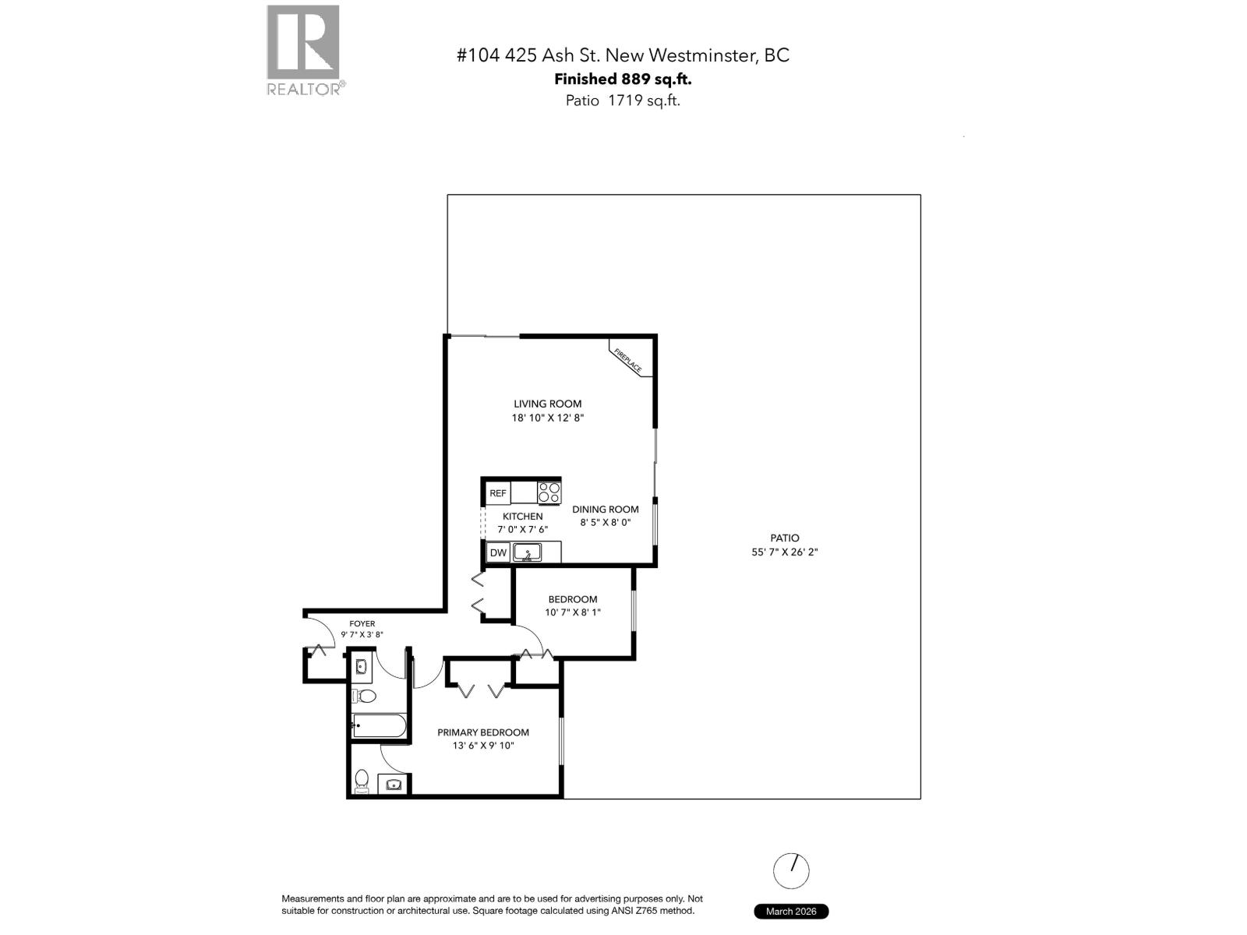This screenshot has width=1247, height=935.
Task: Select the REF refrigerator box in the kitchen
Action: (x=497, y=493)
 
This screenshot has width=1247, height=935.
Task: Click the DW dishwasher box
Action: (x=498, y=552)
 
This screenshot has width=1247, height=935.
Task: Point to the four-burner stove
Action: (x=549, y=492)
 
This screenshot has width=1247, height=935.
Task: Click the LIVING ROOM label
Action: (x=547, y=404)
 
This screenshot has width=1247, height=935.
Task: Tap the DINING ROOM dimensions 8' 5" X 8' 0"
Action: (x=605, y=523)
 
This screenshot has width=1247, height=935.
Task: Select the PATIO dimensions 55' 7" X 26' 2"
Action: (x=784, y=552)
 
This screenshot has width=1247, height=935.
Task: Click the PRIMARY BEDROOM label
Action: (x=482, y=732)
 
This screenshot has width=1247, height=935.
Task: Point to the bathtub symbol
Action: (x=379, y=726)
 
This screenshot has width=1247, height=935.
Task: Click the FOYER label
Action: (x=362, y=623)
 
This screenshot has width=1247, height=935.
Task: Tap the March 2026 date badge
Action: (x=790, y=911)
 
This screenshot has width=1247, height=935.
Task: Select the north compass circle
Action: (x=791, y=870)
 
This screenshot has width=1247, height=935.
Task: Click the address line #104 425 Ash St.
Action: (x=622, y=55)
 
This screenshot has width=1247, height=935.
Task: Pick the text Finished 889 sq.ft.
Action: (x=622, y=79)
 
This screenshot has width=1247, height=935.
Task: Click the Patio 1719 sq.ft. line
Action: (x=622, y=100)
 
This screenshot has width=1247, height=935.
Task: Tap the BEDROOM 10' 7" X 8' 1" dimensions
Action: (x=572, y=612)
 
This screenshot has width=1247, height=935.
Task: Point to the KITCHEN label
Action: (x=522, y=517)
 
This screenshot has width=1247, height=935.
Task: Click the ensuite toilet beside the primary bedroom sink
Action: (x=362, y=780)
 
